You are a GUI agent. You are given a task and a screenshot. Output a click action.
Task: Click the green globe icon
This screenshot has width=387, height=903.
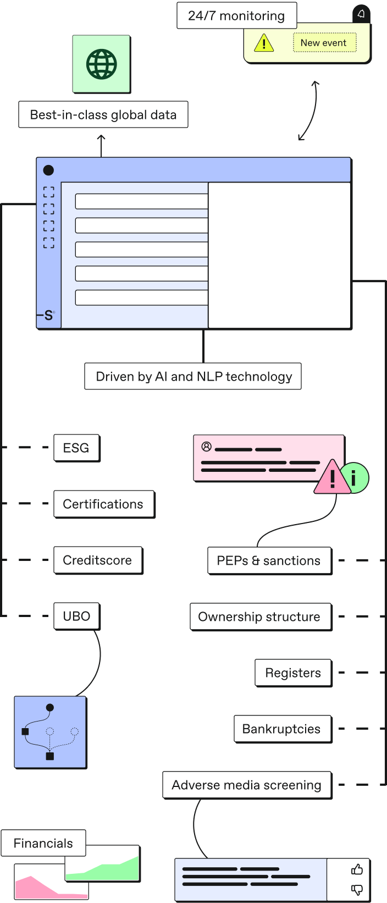102,64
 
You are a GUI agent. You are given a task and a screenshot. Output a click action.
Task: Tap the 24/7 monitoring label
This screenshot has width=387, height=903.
236,16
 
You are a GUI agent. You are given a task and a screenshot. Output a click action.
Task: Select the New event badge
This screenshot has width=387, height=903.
324,43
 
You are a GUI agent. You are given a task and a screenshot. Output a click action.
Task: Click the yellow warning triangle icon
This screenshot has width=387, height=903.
264,43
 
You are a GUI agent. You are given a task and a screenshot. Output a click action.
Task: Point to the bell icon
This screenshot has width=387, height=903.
361,14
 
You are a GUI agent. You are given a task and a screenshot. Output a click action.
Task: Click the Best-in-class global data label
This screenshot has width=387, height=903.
103,115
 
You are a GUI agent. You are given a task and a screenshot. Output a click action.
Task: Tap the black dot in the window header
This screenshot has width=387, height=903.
48,170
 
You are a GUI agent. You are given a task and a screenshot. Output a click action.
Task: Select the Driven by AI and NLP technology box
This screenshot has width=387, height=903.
193,377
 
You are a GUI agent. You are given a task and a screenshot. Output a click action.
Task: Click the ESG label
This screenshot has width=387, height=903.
76,448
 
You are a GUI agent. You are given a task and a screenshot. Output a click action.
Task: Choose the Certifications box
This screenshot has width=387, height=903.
103,504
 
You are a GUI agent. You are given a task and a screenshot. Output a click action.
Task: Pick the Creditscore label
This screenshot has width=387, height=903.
97,560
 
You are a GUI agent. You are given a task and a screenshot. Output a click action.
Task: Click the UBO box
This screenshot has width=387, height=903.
76,616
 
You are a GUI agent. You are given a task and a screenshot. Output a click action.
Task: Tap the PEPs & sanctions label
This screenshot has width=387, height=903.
269,561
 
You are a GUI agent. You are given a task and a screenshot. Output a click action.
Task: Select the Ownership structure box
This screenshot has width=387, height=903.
259,617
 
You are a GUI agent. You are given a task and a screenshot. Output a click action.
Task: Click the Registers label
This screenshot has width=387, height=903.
293,673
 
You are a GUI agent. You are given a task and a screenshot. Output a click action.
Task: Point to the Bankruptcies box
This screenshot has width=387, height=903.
281,729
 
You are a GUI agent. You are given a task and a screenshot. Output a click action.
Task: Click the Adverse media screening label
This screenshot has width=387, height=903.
246,785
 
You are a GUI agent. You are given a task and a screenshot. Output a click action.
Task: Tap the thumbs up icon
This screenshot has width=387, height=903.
357,869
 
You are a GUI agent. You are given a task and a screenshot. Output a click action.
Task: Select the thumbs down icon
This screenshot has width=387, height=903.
357,889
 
